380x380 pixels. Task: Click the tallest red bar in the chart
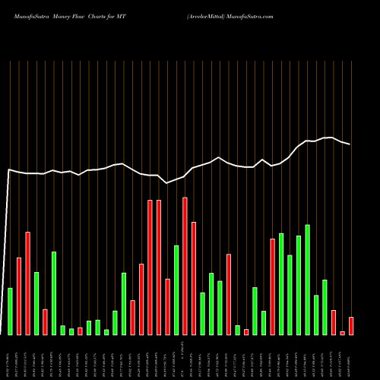click(x=185, y=266)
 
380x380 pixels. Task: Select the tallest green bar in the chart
click(x=307, y=280)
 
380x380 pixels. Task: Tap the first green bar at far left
click(x=10, y=312)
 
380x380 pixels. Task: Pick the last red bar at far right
click(x=351, y=326)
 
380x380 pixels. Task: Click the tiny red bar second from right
click(x=342, y=333)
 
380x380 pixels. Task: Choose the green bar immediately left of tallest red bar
click(x=176, y=290)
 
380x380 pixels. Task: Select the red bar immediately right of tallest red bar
click(x=194, y=278)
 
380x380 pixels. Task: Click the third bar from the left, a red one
click(x=27, y=283)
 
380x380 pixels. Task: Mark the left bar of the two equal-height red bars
click(x=150, y=268)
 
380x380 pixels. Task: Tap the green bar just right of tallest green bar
click(x=316, y=315)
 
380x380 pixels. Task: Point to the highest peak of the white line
click(x=329, y=138)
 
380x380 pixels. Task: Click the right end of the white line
click(x=350, y=144)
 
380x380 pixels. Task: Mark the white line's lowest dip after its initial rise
click(x=167, y=183)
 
